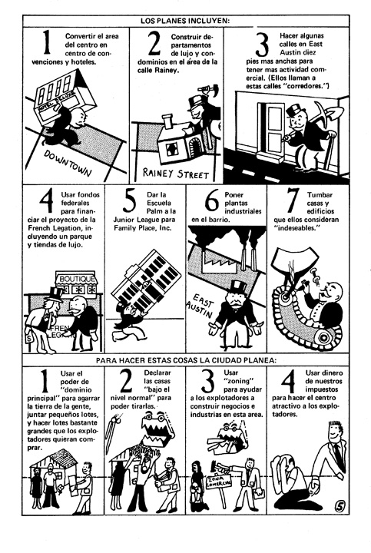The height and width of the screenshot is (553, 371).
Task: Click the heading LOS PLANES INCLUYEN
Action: [x=185, y=21]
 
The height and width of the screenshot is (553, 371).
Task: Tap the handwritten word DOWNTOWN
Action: [x=67, y=164]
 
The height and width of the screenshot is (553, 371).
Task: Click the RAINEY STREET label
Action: [x=175, y=173]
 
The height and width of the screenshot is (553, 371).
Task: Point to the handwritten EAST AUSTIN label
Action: [x=200, y=306]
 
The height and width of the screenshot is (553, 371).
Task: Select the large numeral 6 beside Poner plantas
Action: [x=212, y=201]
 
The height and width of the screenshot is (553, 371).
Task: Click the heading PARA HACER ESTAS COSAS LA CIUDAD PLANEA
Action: [x=186, y=360]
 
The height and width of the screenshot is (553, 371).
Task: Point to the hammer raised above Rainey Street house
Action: [x=209, y=89]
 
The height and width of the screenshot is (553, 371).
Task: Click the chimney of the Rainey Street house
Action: [x=167, y=121]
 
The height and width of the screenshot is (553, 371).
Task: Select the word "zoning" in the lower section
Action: [x=239, y=381]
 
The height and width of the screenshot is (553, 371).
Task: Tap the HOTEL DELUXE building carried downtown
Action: [x=65, y=94]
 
